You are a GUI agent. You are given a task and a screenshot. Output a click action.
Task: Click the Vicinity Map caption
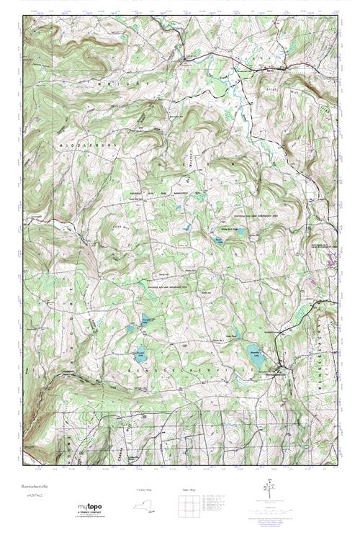click(x=145, y=490)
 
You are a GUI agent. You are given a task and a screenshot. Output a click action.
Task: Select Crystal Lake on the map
click(x=141, y=354)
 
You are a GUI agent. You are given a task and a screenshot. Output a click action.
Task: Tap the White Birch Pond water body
click(x=237, y=233)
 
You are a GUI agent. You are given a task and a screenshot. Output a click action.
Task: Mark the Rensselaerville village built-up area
click(x=276, y=371)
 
